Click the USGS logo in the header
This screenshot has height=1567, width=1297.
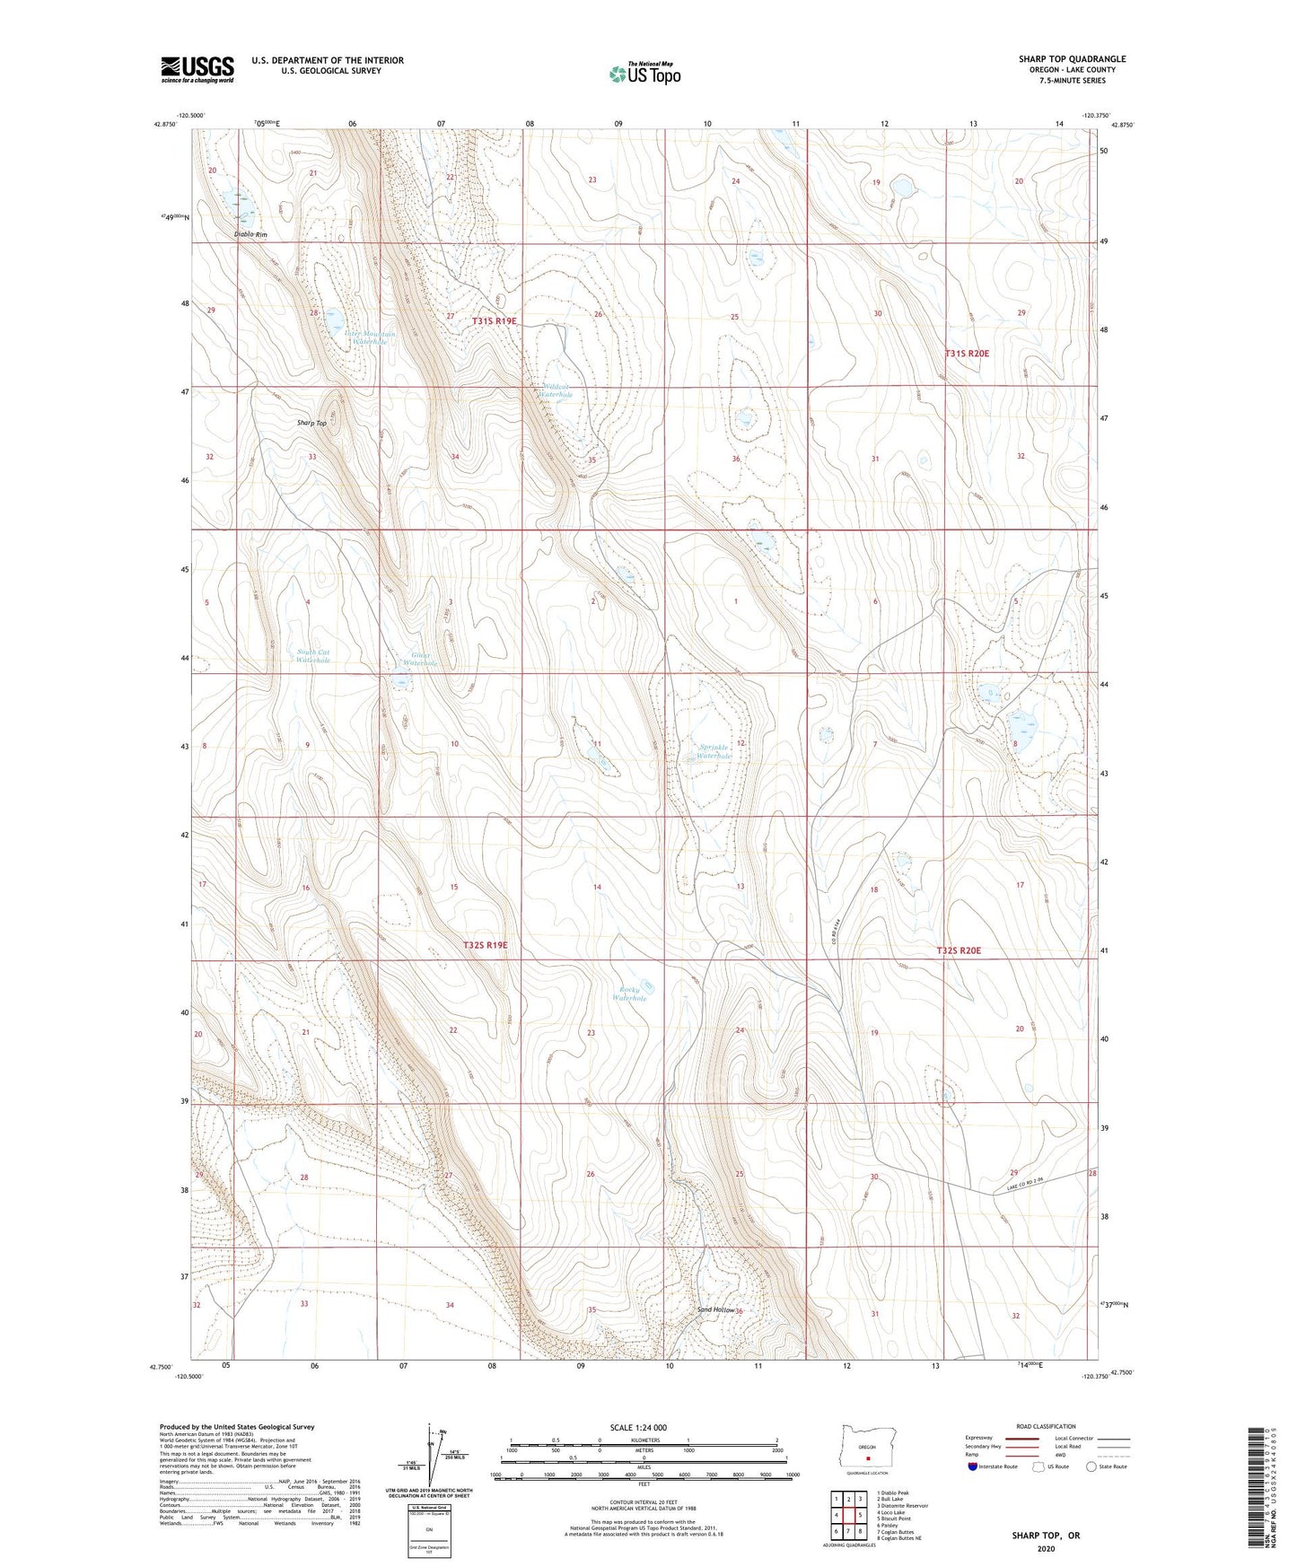pos(197,68)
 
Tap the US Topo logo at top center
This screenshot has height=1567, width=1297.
pos(644,74)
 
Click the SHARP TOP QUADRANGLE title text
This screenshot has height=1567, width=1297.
pos(1072,59)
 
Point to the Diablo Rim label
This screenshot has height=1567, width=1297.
pos(250,234)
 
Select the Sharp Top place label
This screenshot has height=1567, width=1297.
pos(311,423)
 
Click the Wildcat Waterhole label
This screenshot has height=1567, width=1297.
pos(556,390)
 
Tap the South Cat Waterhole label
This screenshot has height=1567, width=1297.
pos(313,656)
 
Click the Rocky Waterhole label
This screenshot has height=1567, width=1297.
pos(629,994)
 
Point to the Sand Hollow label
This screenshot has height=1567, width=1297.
pos(716,1310)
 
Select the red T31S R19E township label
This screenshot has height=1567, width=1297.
pos(495,320)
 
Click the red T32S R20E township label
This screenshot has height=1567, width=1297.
pos(960,950)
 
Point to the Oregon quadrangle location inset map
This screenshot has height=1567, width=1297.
pos(867,1449)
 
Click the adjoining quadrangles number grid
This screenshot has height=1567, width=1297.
pos(848,1517)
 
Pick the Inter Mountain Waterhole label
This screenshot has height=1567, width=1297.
pos(371,337)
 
